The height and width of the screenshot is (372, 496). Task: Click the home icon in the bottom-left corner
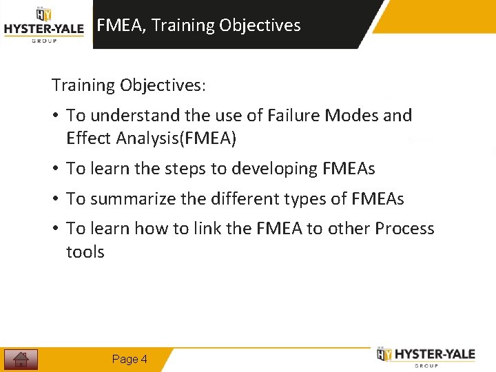coord(21,359)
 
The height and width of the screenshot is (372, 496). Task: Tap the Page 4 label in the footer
coord(130,359)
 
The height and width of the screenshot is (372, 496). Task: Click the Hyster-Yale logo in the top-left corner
coord(44,25)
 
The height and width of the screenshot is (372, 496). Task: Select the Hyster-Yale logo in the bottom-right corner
coord(426,355)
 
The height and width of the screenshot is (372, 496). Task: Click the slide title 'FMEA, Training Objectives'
coord(198,25)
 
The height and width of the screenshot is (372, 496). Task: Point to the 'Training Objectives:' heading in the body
coord(128,85)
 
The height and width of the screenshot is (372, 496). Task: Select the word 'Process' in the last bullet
coord(404,229)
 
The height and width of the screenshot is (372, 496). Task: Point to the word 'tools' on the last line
coord(85,252)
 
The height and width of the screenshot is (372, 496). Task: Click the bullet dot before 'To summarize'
coord(55,199)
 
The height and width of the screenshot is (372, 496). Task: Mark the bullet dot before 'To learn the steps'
coord(55,169)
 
